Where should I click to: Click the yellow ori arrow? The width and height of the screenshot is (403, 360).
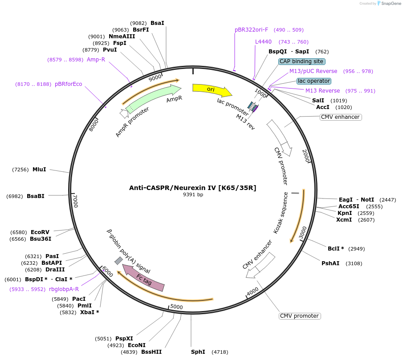(212, 89)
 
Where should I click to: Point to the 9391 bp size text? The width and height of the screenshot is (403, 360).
(193, 195)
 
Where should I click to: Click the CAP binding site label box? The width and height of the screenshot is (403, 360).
(302, 61)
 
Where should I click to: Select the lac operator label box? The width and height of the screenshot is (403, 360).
(314, 81)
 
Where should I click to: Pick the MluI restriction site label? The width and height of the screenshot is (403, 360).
(39, 170)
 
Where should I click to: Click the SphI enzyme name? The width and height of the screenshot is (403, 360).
(198, 352)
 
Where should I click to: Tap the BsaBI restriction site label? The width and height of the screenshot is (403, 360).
(36, 196)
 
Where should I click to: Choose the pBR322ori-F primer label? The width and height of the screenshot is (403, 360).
(252, 30)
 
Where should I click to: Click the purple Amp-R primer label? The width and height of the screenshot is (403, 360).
(96, 60)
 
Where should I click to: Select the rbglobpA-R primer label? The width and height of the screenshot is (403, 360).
(64, 289)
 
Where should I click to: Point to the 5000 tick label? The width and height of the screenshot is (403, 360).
(177, 307)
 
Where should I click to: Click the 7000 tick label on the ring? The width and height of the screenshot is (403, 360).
(75, 201)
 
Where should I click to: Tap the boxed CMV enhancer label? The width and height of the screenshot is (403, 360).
(340, 117)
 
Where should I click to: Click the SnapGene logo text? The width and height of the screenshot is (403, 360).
(391, 4)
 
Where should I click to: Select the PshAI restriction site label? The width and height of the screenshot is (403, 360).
(330, 263)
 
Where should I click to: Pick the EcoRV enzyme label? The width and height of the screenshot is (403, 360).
(40, 232)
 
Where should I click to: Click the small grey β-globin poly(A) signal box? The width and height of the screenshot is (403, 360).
(118, 260)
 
